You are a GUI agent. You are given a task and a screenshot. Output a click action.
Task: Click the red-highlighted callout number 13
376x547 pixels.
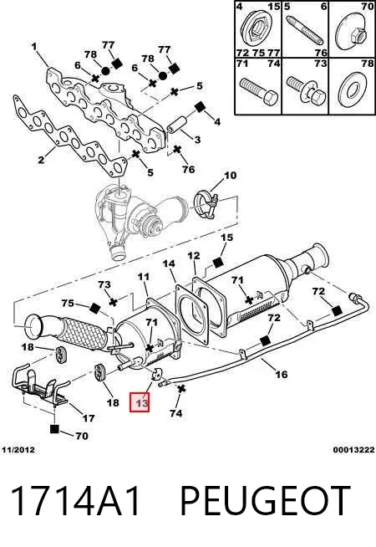[140, 402]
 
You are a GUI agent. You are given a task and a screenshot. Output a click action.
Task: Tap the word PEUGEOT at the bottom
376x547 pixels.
[265, 502]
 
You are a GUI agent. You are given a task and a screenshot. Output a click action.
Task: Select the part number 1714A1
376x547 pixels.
[76, 502]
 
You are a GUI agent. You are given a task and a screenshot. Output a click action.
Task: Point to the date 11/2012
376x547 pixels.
[18, 450]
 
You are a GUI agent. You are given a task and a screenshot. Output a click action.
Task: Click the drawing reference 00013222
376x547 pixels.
[353, 450]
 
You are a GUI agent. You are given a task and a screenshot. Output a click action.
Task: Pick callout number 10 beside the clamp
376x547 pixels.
[230, 176]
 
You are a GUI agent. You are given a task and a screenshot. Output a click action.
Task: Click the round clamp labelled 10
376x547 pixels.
[206, 205]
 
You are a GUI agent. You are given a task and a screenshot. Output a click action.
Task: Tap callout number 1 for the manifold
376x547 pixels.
[33, 46]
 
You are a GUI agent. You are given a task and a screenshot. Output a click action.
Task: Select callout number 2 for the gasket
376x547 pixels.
[41, 160]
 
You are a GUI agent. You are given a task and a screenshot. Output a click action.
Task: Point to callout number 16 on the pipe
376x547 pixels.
[282, 375]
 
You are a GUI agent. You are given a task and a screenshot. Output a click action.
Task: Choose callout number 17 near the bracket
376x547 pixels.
[89, 418]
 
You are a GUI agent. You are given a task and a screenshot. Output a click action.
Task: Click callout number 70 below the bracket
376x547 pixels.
[82, 436]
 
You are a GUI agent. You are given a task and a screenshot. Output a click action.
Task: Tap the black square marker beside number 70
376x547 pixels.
[54, 429]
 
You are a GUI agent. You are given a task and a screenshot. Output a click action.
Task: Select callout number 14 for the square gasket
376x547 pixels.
[169, 263]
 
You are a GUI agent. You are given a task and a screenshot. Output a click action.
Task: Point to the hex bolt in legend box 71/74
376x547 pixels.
[259, 91]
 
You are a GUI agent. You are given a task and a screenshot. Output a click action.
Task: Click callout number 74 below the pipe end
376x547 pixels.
[176, 413]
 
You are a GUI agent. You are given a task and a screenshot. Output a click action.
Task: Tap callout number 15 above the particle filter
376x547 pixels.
[227, 238]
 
